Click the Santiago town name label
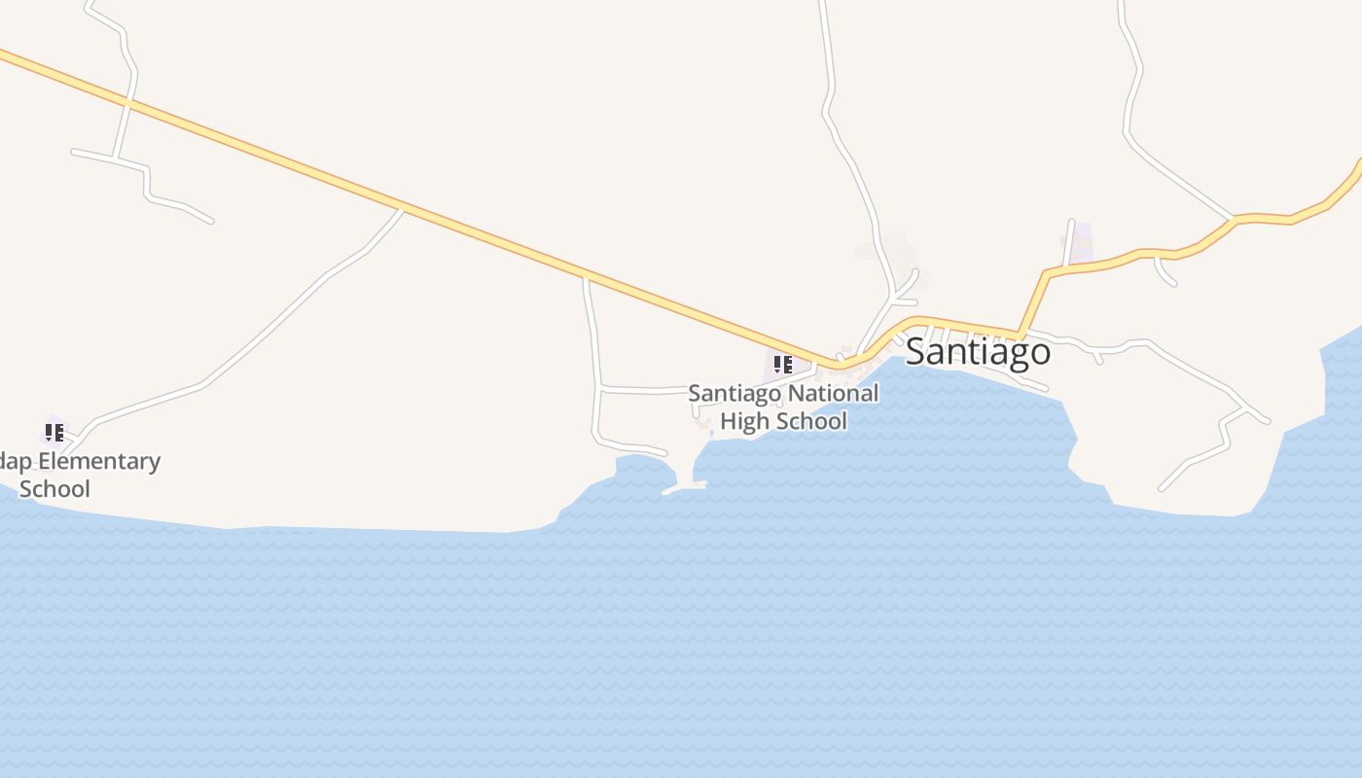(978, 351)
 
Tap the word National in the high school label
(833, 394)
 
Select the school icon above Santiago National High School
(782, 365)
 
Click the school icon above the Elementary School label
(54, 431)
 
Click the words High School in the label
(783, 421)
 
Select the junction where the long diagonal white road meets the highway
(403, 207)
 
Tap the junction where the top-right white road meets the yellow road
(1234, 218)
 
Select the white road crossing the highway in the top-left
(128, 99)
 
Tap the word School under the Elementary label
(54, 488)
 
